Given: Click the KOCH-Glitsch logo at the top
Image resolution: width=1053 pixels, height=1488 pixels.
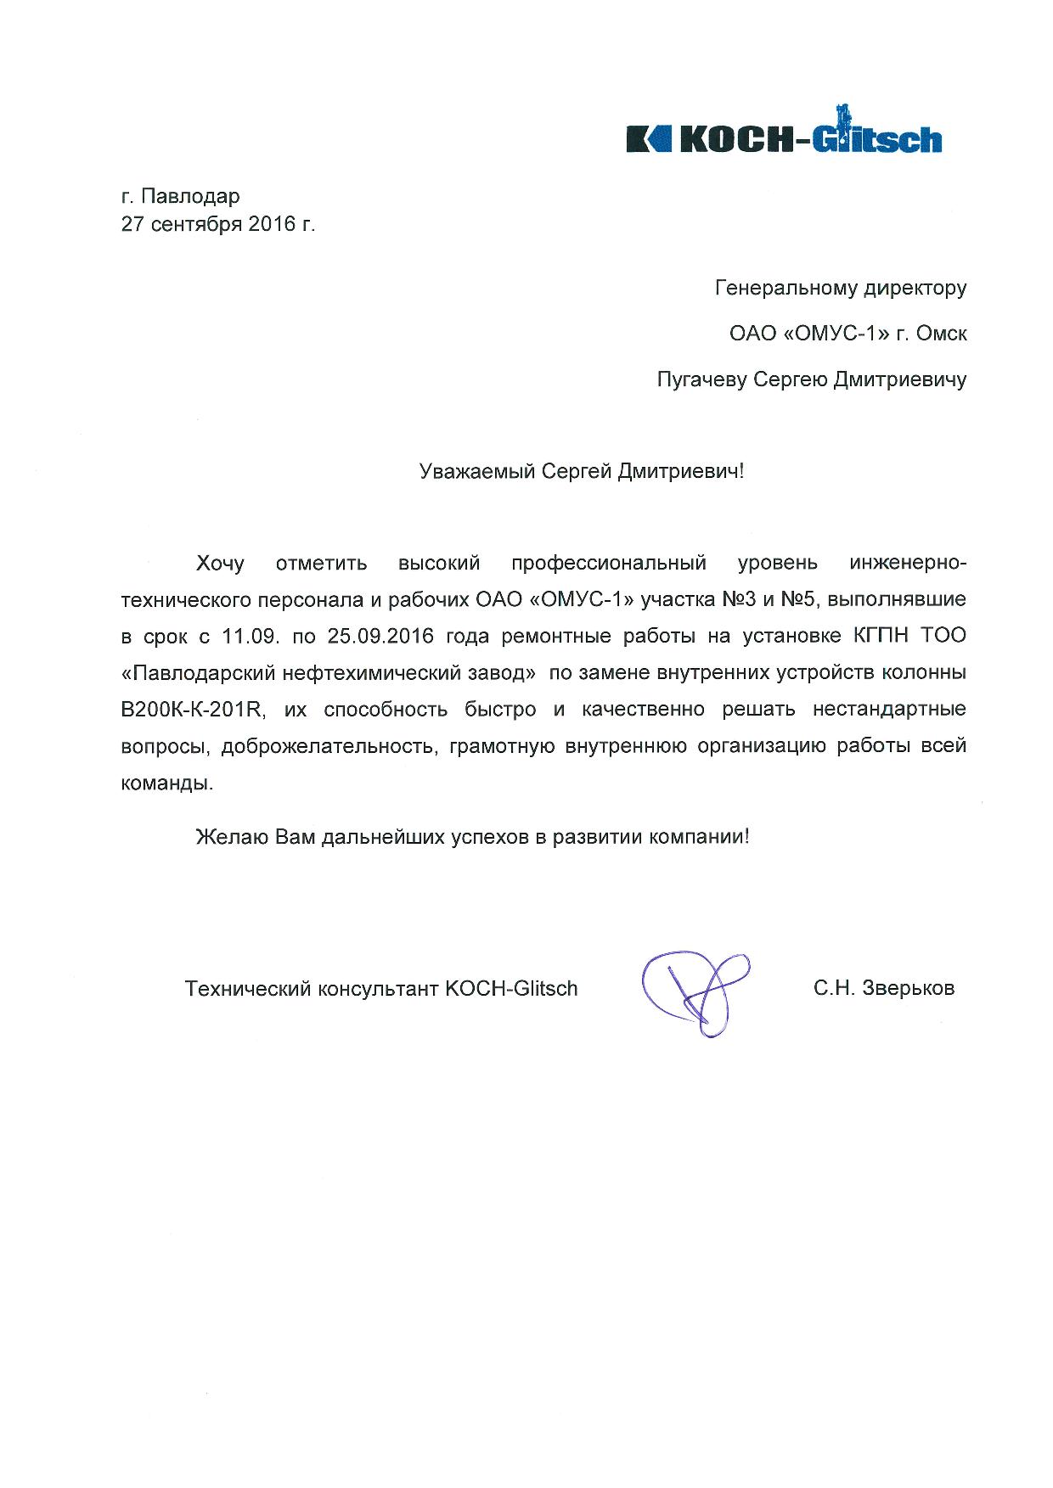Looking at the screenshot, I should coord(783,137).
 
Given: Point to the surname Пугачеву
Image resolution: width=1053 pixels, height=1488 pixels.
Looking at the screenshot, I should coord(702,379).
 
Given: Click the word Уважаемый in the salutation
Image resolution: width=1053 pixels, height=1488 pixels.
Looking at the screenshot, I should coord(477,471).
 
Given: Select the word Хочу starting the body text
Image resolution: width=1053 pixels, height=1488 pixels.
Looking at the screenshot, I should coord(220,563).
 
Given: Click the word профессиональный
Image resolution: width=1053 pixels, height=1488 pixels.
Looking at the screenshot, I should coord(609,563).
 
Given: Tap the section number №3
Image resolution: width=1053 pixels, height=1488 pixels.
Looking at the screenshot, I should coord(739,599).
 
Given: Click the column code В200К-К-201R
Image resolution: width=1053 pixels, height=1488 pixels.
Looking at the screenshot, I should coord(194,710).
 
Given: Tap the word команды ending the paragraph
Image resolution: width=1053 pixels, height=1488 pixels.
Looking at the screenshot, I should coord(166,783).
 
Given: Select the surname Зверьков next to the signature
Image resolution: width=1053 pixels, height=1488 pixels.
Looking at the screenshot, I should coord(909,989).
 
